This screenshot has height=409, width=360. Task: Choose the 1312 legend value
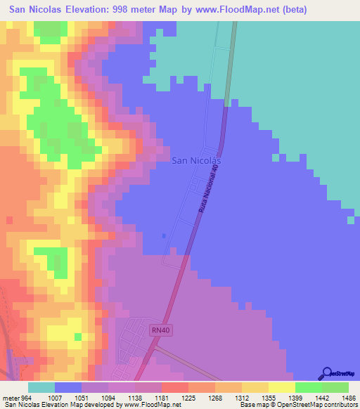pyautogui.click(x=228, y=398)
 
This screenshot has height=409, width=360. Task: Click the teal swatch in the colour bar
pyautogui.click(x=41, y=387)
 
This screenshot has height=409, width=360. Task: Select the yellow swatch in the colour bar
pyautogui.click(x=282, y=387)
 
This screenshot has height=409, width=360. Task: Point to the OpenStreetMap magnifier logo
pyautogui.click(x=327, y=374)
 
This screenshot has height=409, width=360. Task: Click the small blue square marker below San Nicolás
pyautogui.click(x=164, y=236)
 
